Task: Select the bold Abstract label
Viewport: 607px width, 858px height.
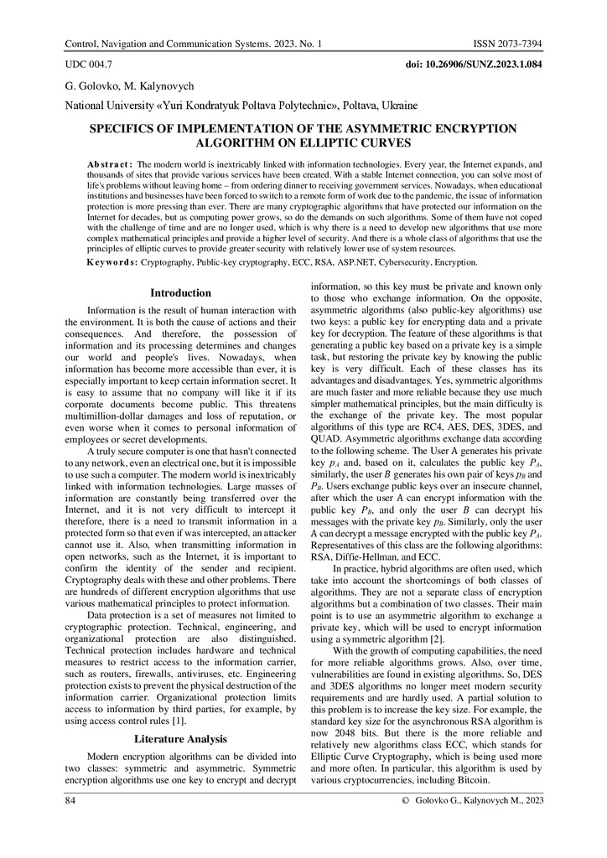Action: click(109, 163)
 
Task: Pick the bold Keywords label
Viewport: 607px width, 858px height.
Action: click(112, 262)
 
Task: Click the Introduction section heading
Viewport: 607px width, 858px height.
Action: click(180, 293)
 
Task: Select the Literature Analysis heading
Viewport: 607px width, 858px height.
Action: click(180, 739)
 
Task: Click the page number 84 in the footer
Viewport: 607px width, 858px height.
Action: click(71, 801)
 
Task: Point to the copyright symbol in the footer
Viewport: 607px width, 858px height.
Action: click(406, 802)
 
